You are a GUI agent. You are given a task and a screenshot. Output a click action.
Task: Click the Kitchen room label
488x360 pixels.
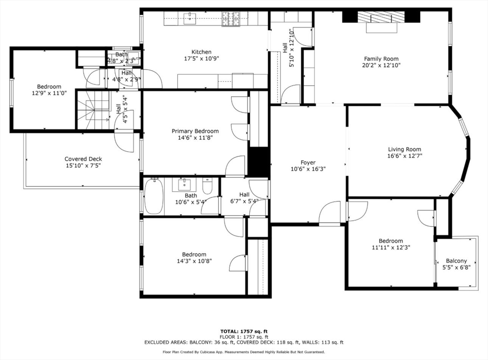click(x=201, y=52)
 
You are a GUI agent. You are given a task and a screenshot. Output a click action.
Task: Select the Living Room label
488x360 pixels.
click(x=404, y=149)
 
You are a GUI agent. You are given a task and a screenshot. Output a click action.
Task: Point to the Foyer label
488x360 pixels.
click(x=308, y=163)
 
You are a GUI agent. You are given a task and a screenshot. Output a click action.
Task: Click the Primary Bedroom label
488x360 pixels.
click(x=195, y=131)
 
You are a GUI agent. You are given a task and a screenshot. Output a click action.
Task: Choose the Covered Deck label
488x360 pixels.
click(x=83, y=159)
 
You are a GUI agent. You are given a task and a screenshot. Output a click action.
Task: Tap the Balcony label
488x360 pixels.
click(x=456, y=261)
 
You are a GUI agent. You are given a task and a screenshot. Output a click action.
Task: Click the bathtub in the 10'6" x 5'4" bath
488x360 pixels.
click(x=153, y=196)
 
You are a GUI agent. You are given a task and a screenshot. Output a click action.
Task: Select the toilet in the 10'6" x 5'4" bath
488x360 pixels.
click(x=207, y=186)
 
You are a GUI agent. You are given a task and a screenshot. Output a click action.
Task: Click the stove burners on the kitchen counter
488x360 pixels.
click(x=231, y=19)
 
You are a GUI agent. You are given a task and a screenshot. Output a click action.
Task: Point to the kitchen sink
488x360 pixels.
click(x=190, y=19)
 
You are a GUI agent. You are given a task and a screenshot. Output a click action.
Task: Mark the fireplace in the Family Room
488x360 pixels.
click(x=381, y=21)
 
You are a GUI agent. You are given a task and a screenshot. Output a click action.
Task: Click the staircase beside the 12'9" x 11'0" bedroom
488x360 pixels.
click(x=93, y=109)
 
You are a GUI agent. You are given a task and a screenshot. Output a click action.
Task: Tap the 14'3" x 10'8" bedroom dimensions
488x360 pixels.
click(x=194, y=261)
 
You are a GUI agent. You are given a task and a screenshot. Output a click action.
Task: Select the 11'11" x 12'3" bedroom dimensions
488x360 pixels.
click(x=391, y=247)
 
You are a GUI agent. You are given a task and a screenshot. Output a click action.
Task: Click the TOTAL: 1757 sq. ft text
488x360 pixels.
click(x=244, y=331)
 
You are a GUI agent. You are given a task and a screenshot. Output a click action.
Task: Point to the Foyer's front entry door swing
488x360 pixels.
click(x=330, y=213)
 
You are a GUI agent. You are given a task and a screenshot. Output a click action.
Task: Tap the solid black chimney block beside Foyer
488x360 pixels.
click(x=259, y=163)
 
